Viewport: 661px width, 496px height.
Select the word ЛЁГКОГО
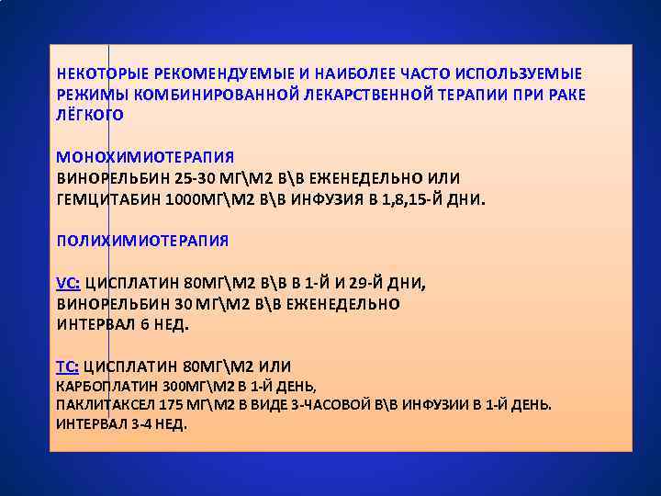coord(90,115)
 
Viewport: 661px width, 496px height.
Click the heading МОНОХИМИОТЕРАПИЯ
coord(145,157)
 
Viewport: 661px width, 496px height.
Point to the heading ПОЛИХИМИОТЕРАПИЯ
coord(142,241)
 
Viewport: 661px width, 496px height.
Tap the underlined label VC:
coord(68,283)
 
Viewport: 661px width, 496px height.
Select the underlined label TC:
coord(68,366)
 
